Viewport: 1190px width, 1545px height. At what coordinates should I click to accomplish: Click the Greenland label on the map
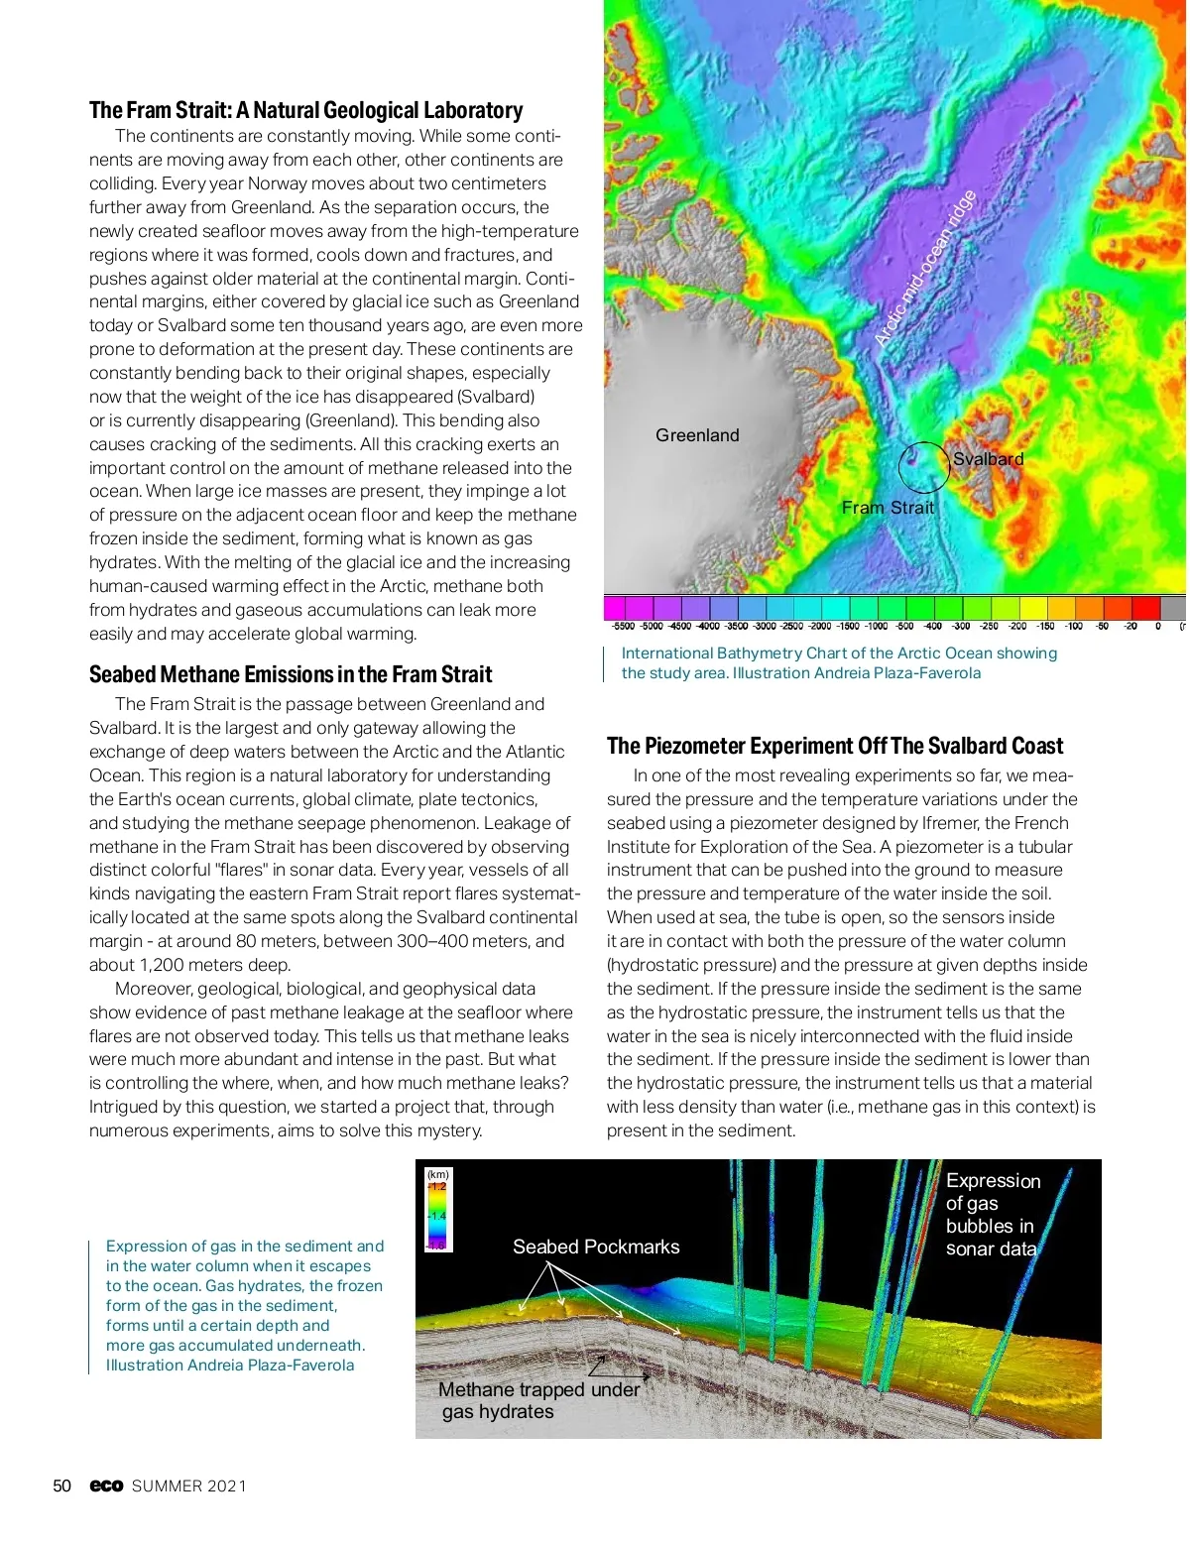[x=697, y=435]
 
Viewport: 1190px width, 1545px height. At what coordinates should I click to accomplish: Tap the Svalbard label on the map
[x=988, y=459]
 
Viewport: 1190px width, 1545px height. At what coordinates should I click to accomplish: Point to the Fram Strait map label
[x=888, y=508]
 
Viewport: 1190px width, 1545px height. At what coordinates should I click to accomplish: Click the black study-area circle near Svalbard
[x=924, y=467]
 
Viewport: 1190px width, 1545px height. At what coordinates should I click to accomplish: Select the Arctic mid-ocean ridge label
[x=925, y=268]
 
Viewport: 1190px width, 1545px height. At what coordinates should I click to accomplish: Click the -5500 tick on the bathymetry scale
[x=623, y=627]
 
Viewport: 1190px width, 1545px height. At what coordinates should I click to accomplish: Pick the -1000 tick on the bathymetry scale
[x=876, y=627]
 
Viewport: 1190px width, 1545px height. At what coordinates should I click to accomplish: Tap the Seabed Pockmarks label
[x=596, y=1248]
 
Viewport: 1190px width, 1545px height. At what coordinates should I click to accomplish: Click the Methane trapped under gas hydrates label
[x=537, y=1400]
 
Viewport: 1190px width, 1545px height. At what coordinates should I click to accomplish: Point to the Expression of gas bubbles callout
[x=992, y=1214]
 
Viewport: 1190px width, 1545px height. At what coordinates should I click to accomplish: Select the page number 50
[x=61, y=1486]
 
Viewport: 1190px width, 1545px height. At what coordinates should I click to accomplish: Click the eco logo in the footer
[x=106, y=1486]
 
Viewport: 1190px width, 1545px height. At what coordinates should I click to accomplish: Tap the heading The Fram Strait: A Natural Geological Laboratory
[x=305, y=110]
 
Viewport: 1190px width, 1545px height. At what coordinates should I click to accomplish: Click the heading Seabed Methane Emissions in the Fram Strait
[x=291, y=675]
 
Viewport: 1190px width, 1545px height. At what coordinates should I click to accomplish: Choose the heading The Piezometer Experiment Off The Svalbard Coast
[x=835, y=747]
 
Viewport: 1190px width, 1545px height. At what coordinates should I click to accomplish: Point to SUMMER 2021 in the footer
[x=189, y=1486]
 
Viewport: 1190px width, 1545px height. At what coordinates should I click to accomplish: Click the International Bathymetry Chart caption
[x=839, y=663]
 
